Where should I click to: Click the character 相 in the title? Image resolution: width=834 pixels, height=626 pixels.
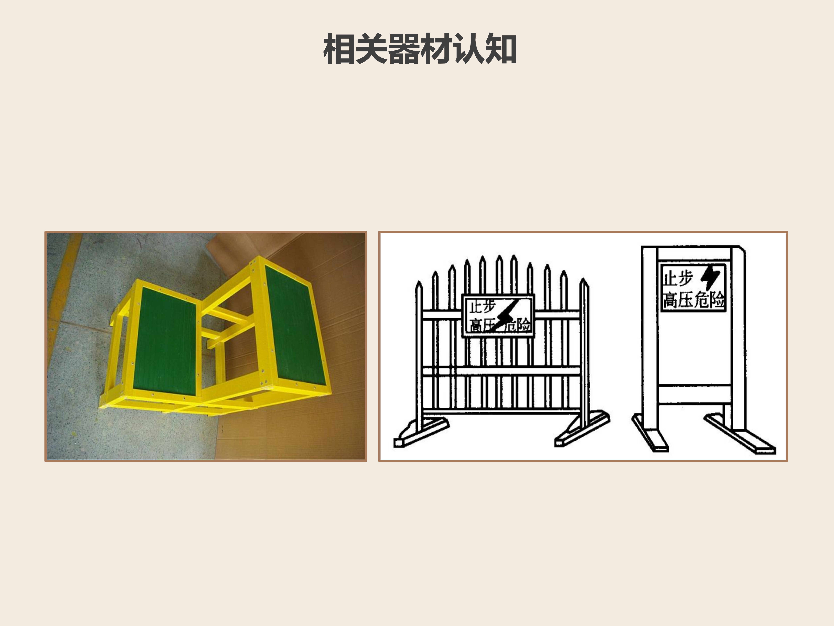[339, 49]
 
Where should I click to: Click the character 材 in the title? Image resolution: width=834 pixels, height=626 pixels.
[435, 49]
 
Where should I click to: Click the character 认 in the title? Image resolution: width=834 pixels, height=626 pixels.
[468, 49]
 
